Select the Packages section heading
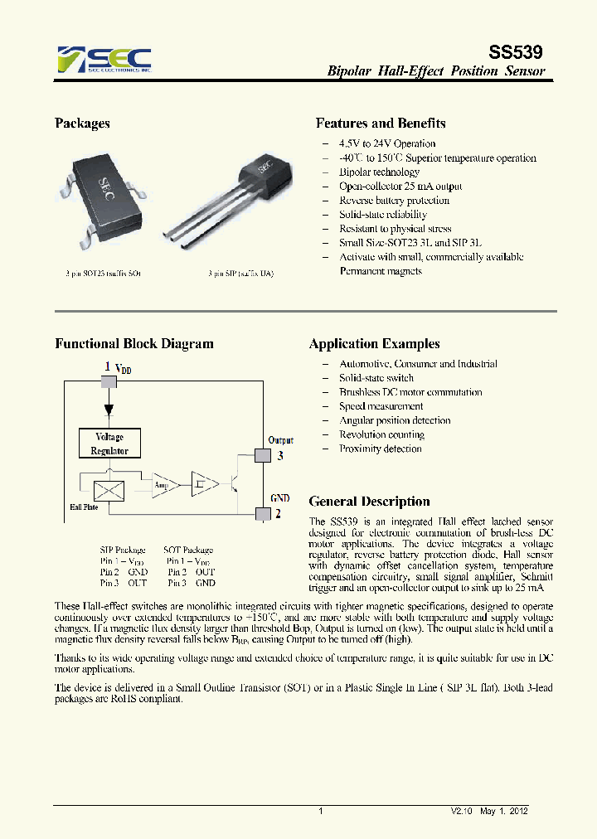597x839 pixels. point(82,124)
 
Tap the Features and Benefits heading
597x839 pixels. point(381,124)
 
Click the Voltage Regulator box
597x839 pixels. point(109,444)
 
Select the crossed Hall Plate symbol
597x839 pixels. point(109,490)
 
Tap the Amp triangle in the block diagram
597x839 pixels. point(163,486)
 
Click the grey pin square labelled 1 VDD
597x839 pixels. point(109,381)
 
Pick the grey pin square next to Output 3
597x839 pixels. point(263,455)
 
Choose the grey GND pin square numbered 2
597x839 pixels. point(263,514)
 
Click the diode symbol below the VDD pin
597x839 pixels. point(109,410)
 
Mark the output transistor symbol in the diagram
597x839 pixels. point(235,485)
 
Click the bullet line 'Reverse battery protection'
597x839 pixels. point(394,201)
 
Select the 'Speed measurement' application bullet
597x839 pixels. point(381,406)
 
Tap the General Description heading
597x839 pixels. point(369,502)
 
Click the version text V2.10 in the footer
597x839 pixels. point(462,812)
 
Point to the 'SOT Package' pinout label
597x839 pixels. point(187,550)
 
